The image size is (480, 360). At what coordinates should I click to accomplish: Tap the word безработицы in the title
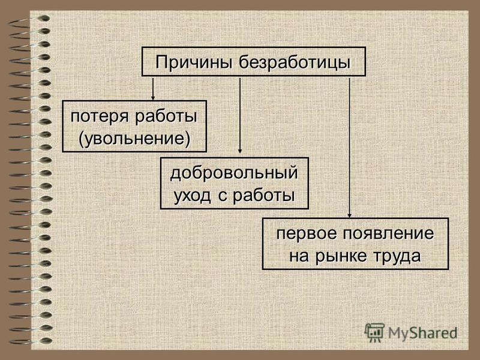(295, 62)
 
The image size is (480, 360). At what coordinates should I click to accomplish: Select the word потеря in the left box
(99, 117)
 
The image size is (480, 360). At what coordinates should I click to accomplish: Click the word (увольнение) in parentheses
(134, 139)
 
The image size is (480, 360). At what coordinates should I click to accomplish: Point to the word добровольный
(234, 173)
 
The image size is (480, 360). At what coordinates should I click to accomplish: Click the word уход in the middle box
(192, 196)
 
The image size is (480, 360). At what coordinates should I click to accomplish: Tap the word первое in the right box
(306, 234)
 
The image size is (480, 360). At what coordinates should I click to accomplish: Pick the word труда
(397, 257)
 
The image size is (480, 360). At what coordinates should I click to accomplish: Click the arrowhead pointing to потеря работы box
(153, 98)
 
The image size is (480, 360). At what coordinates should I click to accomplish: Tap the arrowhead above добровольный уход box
(240, 151)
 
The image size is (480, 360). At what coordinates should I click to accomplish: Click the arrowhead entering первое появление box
(350, 215)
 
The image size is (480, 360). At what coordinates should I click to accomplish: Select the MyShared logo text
(423, 333)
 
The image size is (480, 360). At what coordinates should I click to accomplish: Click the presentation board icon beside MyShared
(374, 332)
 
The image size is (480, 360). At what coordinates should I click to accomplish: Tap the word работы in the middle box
(264, 196)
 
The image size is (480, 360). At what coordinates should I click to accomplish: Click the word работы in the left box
(166, 117)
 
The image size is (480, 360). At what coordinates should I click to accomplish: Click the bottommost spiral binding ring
(30, 341)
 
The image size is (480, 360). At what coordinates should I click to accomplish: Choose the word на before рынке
(299, 257)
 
